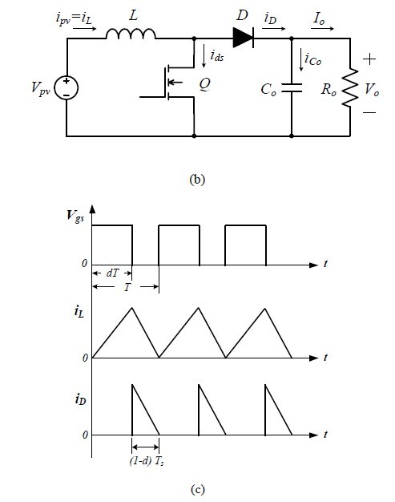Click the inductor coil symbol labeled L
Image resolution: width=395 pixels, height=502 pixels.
coord(131,34)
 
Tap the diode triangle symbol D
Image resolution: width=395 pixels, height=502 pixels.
coord(243,38)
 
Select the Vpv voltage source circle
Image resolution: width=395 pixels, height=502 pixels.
coord(67,87)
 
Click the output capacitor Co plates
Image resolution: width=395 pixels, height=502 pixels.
coord(292,87)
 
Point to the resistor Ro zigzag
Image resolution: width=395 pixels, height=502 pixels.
coord(350,87)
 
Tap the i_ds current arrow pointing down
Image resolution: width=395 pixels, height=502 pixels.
coord(204,56)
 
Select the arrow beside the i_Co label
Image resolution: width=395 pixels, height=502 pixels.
coord(300,59)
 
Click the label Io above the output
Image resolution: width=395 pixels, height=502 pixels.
coord(319,18)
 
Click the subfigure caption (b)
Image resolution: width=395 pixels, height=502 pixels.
coord(197,179)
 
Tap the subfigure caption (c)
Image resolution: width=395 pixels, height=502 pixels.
coord(197,489)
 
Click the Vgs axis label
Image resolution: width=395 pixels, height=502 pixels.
coord(75,215)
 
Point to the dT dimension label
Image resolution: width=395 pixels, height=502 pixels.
coord(112,273)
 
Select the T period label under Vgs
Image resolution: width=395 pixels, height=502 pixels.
coord(127,287)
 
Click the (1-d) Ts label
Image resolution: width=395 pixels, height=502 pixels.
coord(147,461)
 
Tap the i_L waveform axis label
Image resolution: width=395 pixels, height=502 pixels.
coord(79,311)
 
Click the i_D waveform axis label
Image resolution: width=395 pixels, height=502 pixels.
coord(80,399)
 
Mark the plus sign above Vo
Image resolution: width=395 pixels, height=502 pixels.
coord(369,59)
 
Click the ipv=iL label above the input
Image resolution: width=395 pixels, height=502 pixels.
coord(74,18)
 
